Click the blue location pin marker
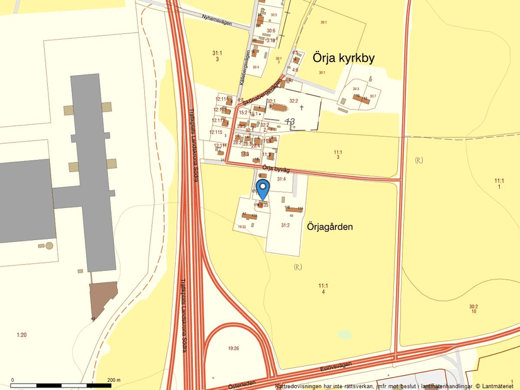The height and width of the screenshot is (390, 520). pos(263,188)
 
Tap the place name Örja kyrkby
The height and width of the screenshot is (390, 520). pos(344,58)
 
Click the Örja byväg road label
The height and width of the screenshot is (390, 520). pos(275,168)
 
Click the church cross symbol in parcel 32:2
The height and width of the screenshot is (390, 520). pos(301,108)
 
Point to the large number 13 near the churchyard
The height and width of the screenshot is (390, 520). pos(290,121)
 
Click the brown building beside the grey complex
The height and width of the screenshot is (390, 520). pos(103,299)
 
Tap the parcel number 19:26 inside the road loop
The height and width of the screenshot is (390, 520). pos(234,347)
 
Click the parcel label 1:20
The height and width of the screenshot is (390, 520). pos(21,335)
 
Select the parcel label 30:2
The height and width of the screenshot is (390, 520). pos(473,309)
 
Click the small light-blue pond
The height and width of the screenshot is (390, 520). pos(344,334)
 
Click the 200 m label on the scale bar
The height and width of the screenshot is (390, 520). pos(114,380)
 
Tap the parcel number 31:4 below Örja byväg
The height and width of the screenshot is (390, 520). pos(281,180)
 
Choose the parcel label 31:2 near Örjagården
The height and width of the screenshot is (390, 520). pos(285,225)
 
